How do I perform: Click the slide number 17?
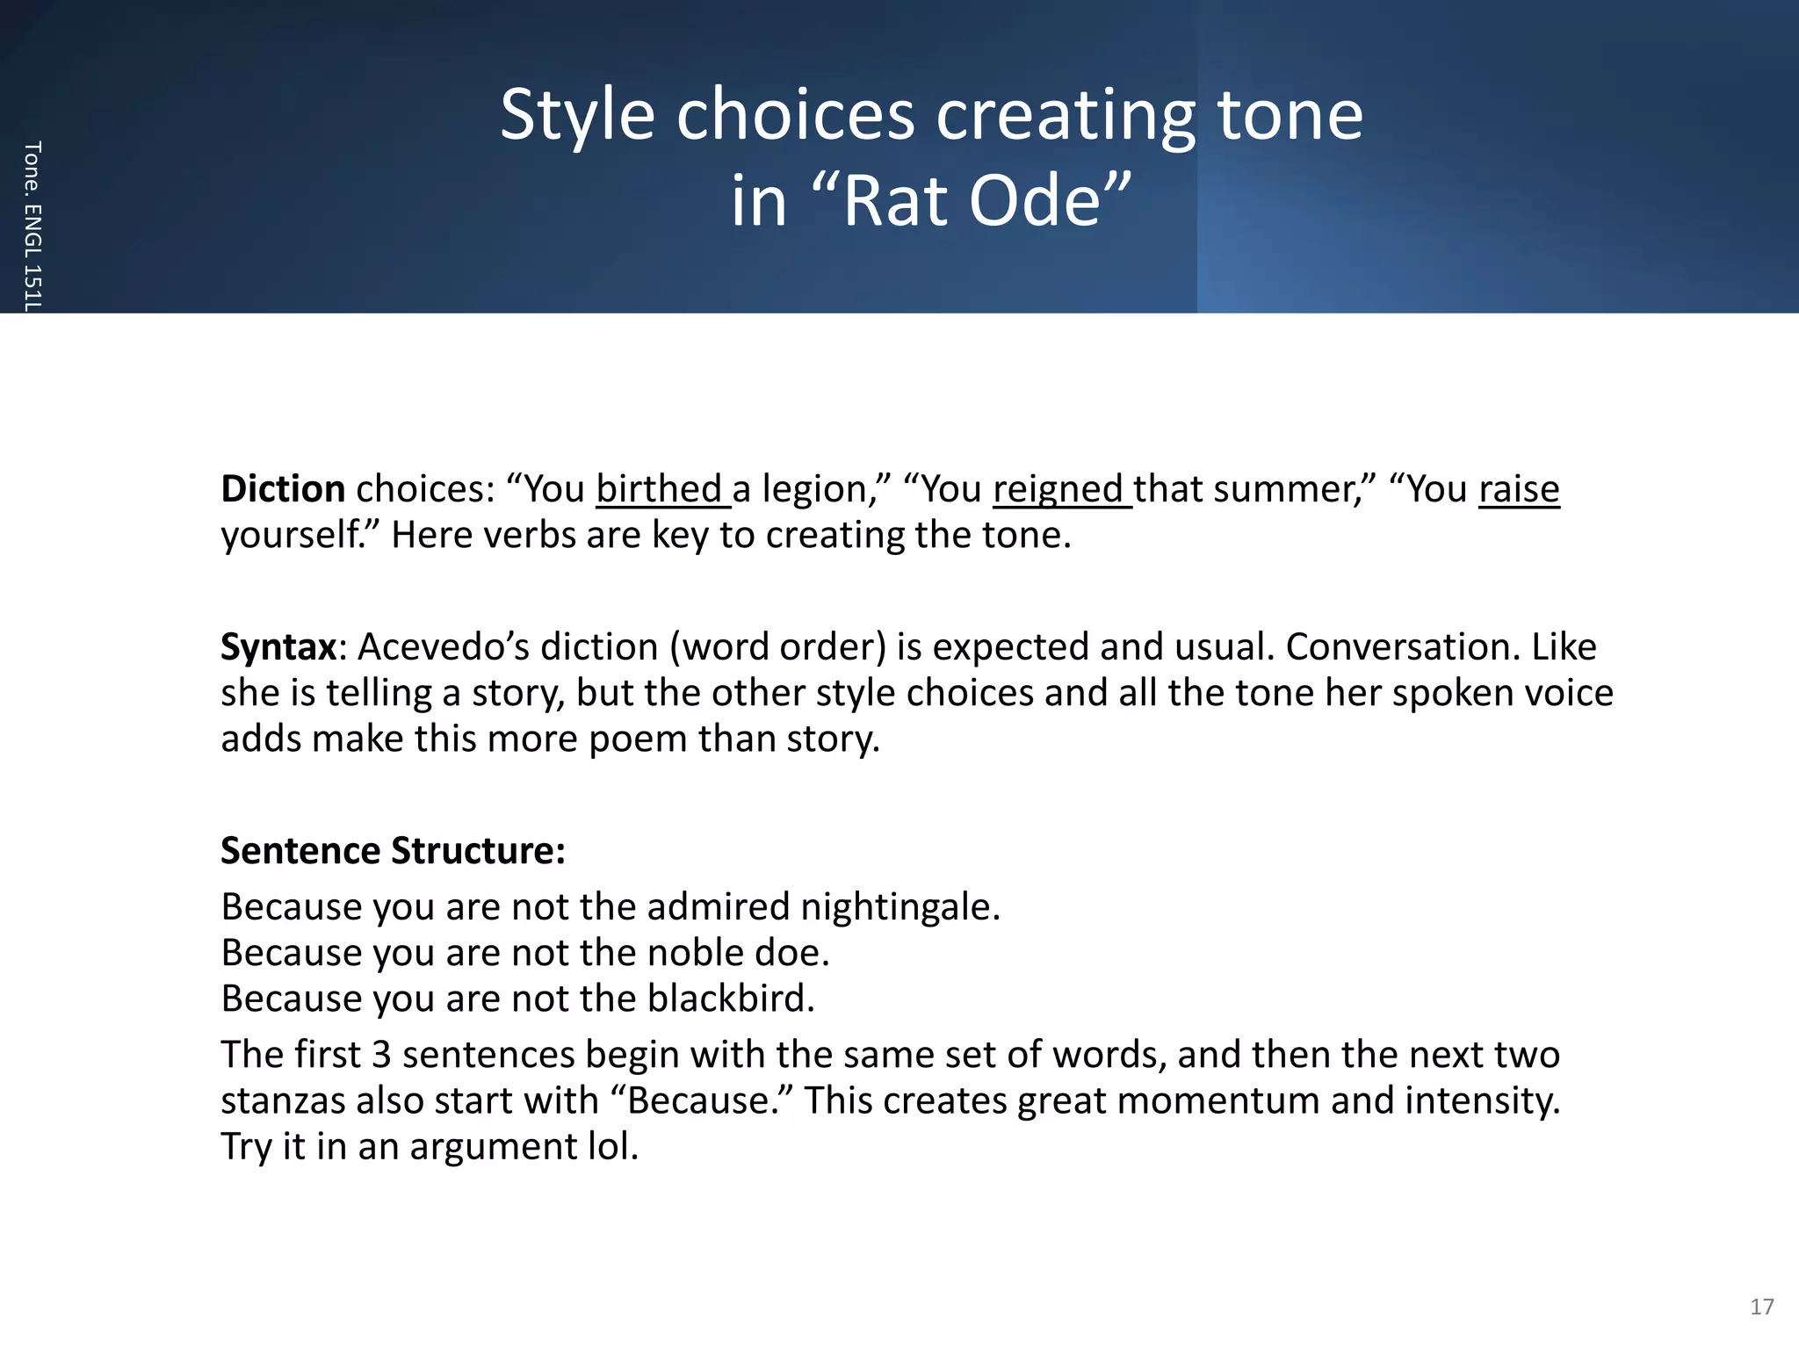click(1761, 1307)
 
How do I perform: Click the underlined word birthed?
click(660, 489)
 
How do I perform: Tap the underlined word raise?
click(1519, 489)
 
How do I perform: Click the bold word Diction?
click(283, 489)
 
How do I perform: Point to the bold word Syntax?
click(278, 647)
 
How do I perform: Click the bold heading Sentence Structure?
click(393, 851)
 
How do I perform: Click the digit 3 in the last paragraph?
click(381, 1055)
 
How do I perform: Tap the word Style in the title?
click(577, 115)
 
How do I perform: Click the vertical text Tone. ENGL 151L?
click(32, 226)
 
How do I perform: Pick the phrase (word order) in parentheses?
click(777, 647)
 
